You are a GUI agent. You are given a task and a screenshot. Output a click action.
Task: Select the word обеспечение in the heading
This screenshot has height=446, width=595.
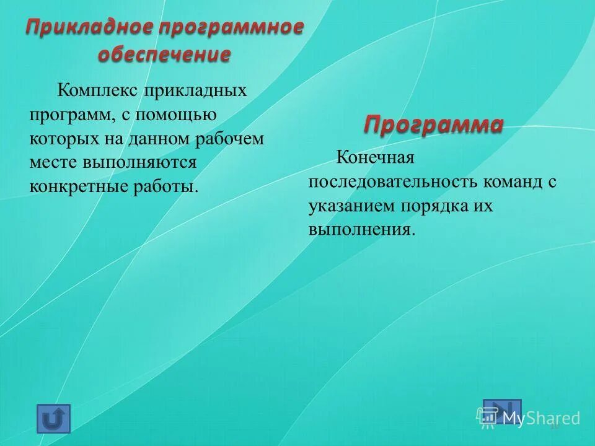click(164, 55)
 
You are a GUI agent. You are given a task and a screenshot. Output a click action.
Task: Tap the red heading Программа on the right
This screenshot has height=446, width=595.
click(433, 125)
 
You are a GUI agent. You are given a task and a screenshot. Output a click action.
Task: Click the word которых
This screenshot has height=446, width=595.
click(58, 139)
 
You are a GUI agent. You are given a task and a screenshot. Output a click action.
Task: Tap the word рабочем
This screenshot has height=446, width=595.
click(231, 139)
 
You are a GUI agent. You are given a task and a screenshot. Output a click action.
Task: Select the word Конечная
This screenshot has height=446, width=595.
click(374, 158)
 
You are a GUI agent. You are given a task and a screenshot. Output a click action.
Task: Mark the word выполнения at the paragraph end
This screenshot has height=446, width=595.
click(360, 230)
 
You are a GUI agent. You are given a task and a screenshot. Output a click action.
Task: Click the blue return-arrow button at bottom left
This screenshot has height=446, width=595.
click(54, 418)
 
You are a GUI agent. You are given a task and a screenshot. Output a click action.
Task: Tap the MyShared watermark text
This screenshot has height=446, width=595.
click(541, 418)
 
